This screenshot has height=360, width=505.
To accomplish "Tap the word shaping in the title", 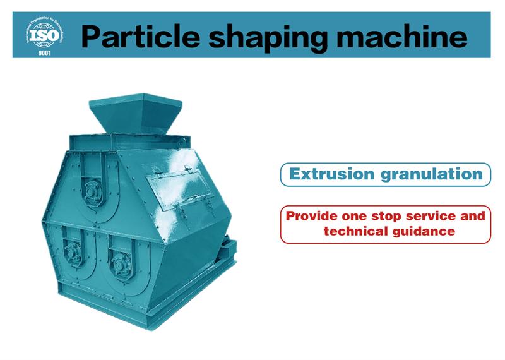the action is click(268, 39).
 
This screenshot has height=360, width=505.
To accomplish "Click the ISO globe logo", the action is click(44, 34).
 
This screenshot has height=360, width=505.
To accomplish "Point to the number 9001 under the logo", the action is click(44, 53).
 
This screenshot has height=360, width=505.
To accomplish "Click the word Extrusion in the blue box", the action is click(332, 174).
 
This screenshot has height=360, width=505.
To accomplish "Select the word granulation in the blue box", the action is click(432, 175).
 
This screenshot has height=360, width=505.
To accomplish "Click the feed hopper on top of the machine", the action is click(136, 114).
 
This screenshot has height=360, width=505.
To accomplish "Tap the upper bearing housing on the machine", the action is click(92, 191).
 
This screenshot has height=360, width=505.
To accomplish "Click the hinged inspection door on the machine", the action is click(181, 191).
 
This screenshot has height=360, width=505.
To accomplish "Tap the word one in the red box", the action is click(354, 216).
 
